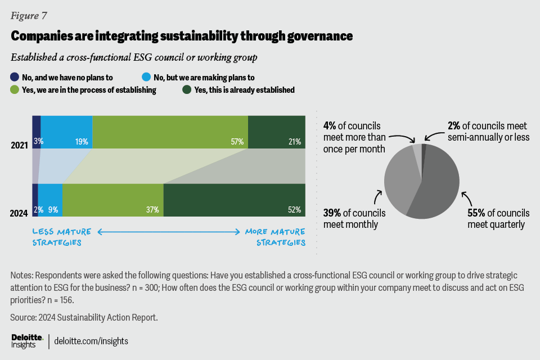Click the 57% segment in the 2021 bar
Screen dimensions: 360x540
[x=170, y=132]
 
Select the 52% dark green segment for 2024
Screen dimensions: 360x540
[x=234, y=200]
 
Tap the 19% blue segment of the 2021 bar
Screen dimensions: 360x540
[x=66, y=132]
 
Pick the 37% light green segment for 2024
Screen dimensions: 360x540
[x=112, y=200]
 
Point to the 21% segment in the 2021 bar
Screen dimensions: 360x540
[x=276, y=132]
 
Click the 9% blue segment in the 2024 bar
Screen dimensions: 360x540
[x=50, y=200]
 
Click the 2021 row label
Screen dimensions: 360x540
[x=19, y=146]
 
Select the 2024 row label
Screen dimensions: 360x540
[x=19, y=213]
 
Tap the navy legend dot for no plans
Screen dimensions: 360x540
[x=15, y=78]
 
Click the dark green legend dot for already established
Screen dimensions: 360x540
[x=186, y=89]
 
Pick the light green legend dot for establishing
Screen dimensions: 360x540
[x=15, y=89]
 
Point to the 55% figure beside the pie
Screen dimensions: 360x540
[x=476, y=213]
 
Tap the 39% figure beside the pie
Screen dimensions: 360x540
[x=332, y=213]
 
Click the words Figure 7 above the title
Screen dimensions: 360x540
[x=29, y=14]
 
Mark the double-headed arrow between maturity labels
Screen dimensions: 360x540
[x=170, y=231]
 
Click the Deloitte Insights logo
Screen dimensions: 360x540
[x=27, y=340]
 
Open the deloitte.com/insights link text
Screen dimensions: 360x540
[x=91, y=341]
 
